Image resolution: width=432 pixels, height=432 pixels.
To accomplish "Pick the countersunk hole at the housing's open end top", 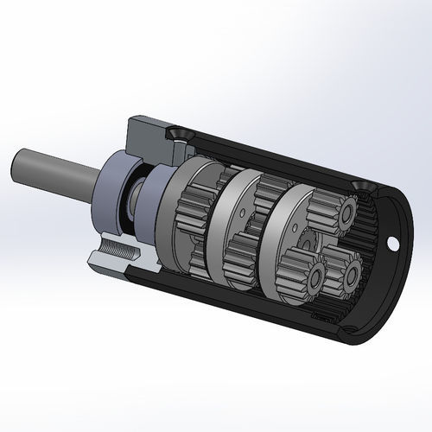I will [359, 187].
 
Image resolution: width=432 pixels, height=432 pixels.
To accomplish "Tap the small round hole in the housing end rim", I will [394, 244].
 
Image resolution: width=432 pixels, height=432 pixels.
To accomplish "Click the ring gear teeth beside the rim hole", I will [377, 259].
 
